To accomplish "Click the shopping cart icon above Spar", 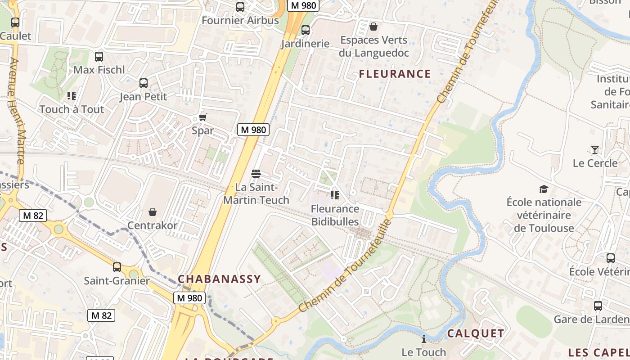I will pos(202,117).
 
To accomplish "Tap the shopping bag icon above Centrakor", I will pos(153,212).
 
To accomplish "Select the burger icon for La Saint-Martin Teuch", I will pos(256,173).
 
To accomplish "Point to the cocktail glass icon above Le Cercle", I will pos(595,150).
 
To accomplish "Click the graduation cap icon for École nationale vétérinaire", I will pos(544,189).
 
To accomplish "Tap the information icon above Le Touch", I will pos(423,339).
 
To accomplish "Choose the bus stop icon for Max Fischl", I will pos(99,57).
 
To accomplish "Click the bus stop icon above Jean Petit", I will pos(144,83).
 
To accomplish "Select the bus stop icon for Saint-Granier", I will pos(117,267).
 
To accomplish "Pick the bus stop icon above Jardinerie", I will pos(306,30).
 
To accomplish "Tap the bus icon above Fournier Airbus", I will pos(240,7).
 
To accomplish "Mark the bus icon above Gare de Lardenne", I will pos(598,306).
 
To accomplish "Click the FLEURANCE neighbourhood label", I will pos(395,74).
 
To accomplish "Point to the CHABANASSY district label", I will pos(219,279).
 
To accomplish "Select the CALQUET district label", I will pos(475,333).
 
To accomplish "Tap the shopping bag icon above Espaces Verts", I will pos(373,27).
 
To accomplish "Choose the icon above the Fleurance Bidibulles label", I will pos(335,195).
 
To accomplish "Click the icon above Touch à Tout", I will pos(71,96).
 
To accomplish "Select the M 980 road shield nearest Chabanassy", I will pos(189,298).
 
